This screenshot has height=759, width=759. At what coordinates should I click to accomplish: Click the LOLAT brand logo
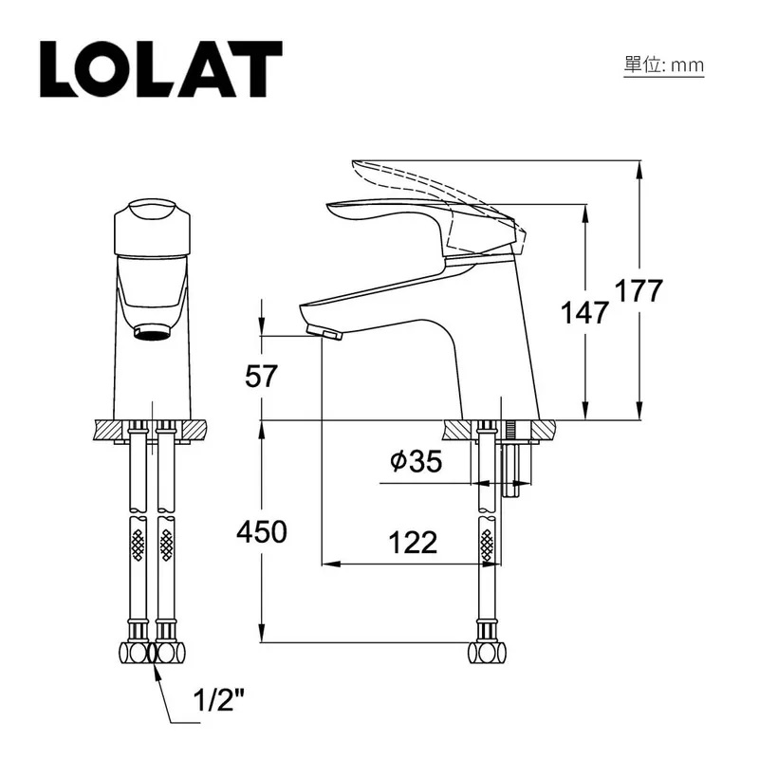click(160, 68)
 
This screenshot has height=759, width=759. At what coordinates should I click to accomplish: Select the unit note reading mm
click(663, 65)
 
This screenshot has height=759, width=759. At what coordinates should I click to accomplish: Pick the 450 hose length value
click(261, 532)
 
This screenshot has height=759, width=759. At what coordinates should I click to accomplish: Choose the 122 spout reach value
click(413, 543)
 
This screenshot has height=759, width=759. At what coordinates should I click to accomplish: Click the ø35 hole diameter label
click(416, 462)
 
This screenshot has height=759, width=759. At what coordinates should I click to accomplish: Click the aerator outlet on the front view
click(152, 331)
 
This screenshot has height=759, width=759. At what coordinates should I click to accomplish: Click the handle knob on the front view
click(152, 223)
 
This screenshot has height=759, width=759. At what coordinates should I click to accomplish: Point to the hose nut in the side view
click(488, 653)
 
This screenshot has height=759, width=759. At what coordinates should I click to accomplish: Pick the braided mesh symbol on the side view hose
click(488, 545)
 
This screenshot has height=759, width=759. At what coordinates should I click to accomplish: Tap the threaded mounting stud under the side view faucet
click(513, 465)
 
